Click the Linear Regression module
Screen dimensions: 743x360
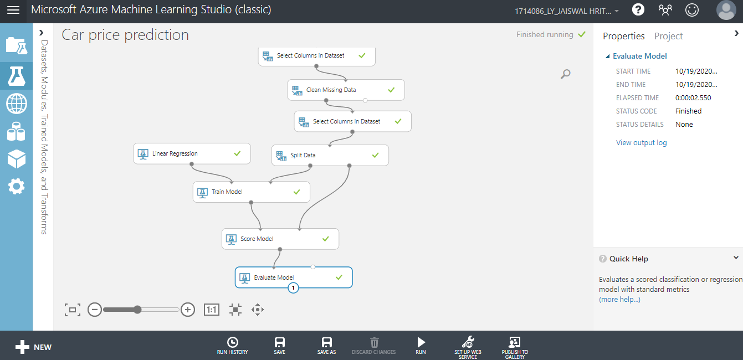tap(192, 153)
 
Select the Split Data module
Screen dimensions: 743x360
tap(330, 155)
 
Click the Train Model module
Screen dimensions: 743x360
tap(252, 192)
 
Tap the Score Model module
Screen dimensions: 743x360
tap(280, 239)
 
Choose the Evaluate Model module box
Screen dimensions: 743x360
tap(294, 277)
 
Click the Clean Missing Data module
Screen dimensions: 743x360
tap(346, 90)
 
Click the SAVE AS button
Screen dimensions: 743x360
tap(327, 346)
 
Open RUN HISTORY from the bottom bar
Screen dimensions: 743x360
tap(233, 346)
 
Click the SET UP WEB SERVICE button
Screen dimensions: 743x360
tap(468, 347)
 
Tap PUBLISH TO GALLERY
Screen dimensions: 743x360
tap(515, 347)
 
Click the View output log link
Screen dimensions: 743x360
tap(641, 142)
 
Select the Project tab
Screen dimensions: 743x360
tap(668, 36)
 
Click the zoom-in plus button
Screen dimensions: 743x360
tap(188, 310)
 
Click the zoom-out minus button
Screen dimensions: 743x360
tap(95, 310)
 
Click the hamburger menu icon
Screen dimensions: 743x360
tap(13, 11)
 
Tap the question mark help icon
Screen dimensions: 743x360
tap(638, 9)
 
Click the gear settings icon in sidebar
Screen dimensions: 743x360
tap(16, 186)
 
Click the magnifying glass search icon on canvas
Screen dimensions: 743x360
tap(566, 74)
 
